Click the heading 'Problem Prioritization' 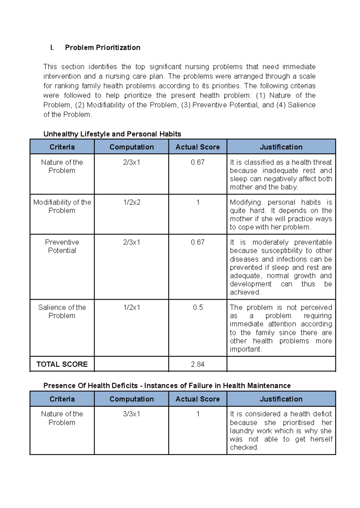click(x=103, y=48)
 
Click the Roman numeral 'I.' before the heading click(x=52, y=48)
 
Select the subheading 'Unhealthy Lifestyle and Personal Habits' click(x=112, y=134)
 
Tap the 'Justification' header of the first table click(x=281, y=147)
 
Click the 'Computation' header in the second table click(x=131, y=399)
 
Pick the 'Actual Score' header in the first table click(x=197, y=147)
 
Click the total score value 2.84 click(x=197, y=364)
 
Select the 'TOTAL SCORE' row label click(x=62, y=364)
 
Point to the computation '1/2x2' click(x=132, y=202)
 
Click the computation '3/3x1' click(x=131, y=414)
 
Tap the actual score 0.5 click(x=198, y=308)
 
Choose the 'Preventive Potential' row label click(x=62, y=246)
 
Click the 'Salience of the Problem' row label click(x=62, y=312)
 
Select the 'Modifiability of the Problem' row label click(x=62, y=206)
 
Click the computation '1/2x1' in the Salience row click(x=131, y=308)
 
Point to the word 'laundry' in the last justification click(x=242, y=431)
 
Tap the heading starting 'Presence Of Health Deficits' click(x=167, y=386)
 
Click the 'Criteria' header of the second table click(x=62, y=399)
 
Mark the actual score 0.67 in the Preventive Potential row click(x=197, y=242)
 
